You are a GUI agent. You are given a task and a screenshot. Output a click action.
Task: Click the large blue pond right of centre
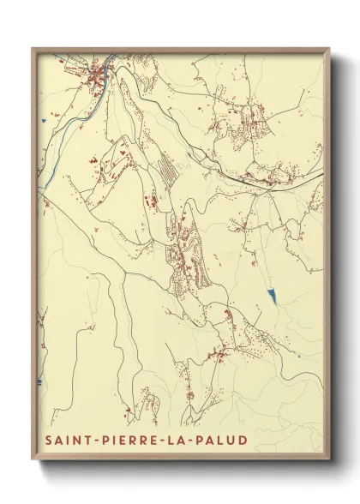273,297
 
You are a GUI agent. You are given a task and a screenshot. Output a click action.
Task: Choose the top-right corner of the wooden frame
328,48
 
